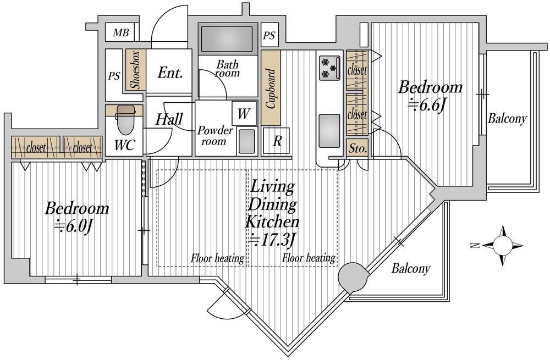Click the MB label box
click(x=121, y=33)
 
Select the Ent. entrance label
click(x=170, y=73)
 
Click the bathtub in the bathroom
click(x=227, y=38)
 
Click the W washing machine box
click(x=244, y=114)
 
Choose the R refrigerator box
click(x=277, y=141)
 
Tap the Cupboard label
click(x=271, y=88)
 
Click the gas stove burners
click(x=329, y=67)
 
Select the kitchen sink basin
click(x=329, y=131)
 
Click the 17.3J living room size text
click(x=272, y=240)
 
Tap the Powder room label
click(x=215, y=136)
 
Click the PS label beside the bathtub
click(x=269, y=36)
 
